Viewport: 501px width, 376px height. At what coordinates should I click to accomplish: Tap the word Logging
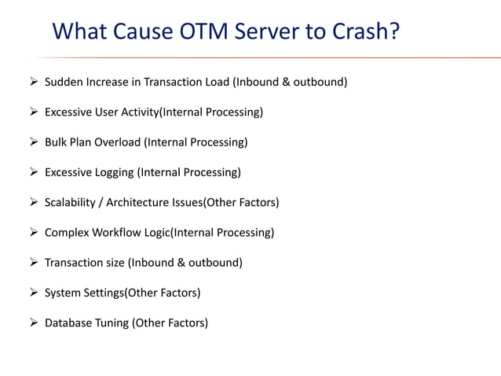pos(114,172)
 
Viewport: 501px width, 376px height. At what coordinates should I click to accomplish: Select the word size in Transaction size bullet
pos(115,263)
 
